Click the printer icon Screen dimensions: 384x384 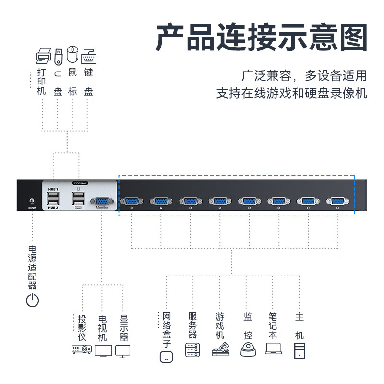click(43, 56)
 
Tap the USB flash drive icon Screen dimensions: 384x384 click(58, 56)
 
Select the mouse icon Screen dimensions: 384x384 click(72, 54)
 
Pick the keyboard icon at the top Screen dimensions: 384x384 click(88, 57)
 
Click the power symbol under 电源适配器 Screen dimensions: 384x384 click(32, 301)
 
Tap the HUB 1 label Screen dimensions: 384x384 click(53, 189)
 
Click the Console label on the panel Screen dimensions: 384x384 click(80, 183)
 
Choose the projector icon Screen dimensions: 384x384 click(82, 349)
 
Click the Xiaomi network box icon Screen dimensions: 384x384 click(167, 358)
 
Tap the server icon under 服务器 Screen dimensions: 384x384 click(192, 349)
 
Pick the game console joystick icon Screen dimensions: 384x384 click(220, 349)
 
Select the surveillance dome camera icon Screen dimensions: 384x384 click(248, 349)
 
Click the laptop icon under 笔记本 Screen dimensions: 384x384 click(273, 349)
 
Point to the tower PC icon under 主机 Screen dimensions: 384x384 click(300, 350)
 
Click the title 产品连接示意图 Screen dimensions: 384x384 click(261, 39)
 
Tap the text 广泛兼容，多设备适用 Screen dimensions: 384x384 click(304, 75)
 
